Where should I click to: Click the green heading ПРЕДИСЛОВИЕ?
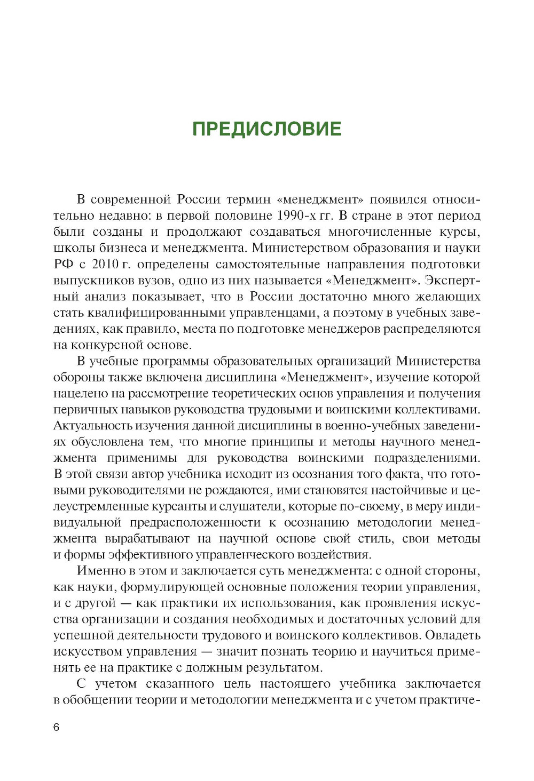266,129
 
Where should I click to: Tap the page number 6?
57,728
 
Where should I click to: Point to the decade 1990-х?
297,216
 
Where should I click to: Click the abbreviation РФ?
63,265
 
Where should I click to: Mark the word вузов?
158,281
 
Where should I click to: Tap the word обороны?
78,378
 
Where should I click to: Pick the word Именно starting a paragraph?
104,571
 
